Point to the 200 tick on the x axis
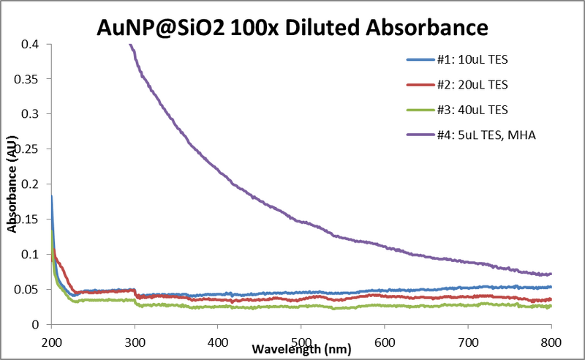pyautogui.click(x=51, y=340)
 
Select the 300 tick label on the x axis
pyautogui.click(x=135, y=340)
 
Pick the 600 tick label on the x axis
pyautogui.click(x=385, y=340)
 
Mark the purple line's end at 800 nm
pyautogui.click(x=551, y=274)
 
